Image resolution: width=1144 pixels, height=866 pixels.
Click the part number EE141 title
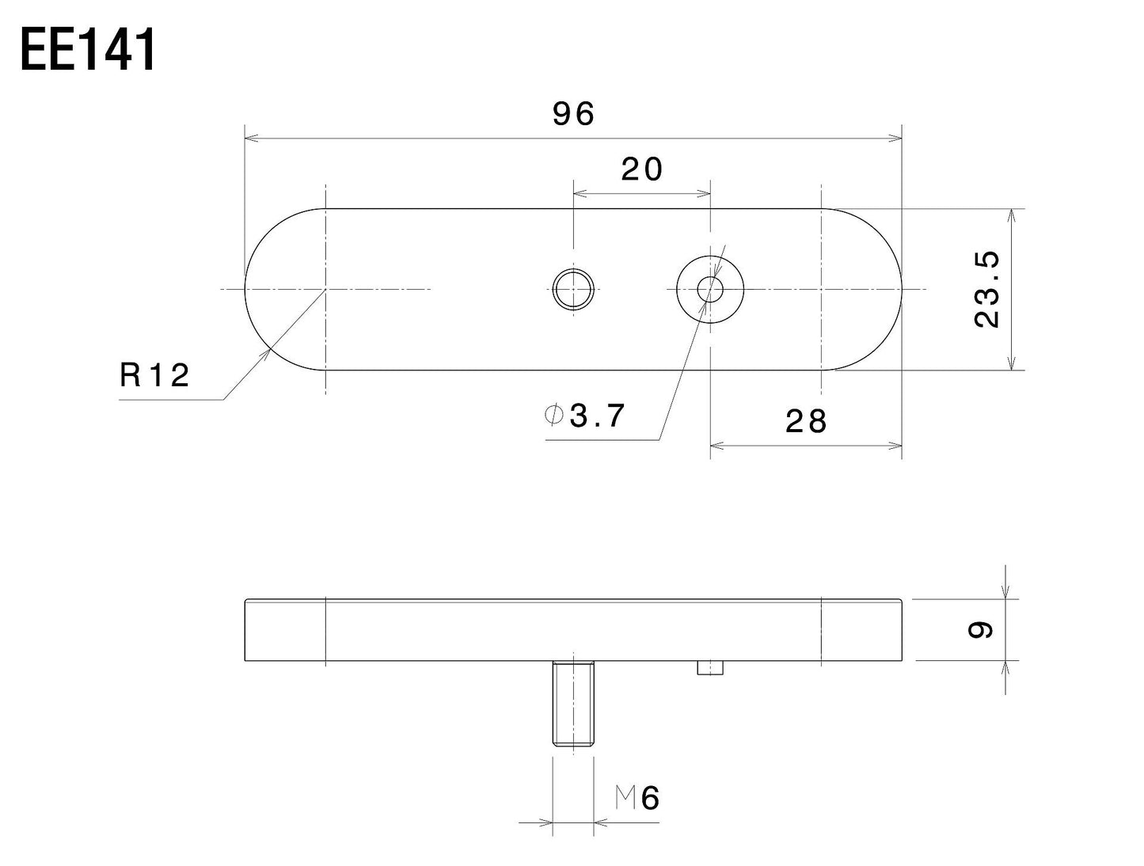pos(88,51)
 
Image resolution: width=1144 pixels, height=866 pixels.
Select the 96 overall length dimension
pos(573,115)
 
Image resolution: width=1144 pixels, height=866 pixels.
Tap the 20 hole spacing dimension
pos(641,169)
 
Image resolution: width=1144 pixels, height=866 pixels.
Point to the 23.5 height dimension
pos(987,289)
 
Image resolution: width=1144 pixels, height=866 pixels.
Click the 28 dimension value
pos(806,421)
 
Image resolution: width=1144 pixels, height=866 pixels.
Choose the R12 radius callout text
pos(155,374)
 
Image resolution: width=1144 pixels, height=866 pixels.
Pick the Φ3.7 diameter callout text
pos(585,415)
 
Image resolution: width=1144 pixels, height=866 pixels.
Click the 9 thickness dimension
pos(982,629)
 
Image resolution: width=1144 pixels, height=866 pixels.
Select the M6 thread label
pos(638,799)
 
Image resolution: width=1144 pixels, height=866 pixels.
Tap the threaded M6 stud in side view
pos(572,704)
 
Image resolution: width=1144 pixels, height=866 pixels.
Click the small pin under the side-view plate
pos(711,668)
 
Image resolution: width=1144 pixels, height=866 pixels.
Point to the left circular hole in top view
pos(573,290)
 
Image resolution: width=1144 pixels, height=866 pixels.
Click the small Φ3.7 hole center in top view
pos(710,290)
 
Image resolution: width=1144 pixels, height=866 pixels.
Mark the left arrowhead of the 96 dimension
pos(250,139)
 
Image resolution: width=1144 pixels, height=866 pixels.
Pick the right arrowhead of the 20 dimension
pos(705,192)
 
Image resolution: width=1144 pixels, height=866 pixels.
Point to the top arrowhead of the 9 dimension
pos(1005,593)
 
